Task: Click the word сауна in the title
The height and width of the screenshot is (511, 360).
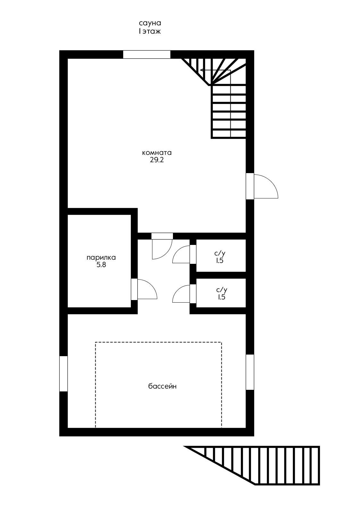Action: (150, 23)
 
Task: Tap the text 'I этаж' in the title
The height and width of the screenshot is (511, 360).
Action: (150, 31)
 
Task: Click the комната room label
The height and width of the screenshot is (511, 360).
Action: (157, 152)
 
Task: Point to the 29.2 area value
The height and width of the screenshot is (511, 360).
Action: (157, 160)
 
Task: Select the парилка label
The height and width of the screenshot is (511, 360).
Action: (101, 258)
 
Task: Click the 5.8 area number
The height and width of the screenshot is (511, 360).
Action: (101, 265)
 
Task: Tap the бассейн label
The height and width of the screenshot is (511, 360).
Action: (162, 386)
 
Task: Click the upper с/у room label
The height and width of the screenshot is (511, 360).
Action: (220, 253)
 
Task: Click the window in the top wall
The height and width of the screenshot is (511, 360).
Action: (147, 54)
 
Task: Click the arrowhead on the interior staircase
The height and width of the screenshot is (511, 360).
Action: (202, 70)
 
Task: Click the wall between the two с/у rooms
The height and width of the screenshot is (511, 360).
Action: (221, 275)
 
